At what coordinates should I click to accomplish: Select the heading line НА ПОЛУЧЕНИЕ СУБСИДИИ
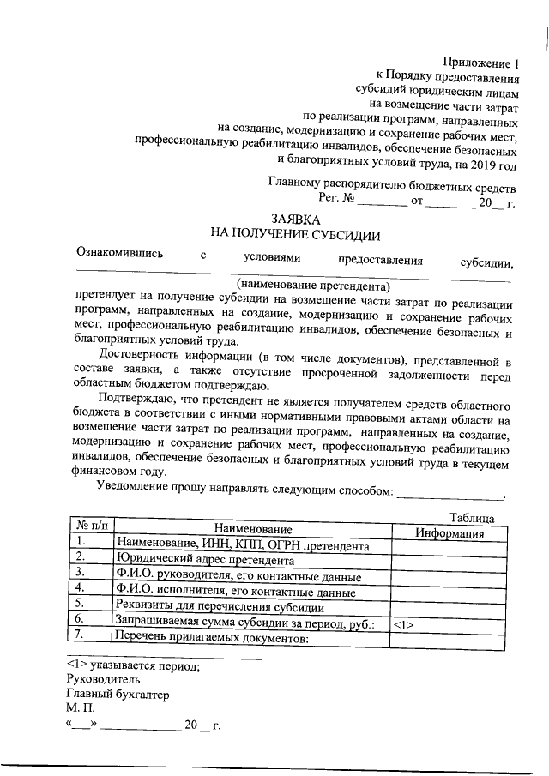click(x=294, y=235)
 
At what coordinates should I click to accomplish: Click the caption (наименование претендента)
click(x=313, y=284)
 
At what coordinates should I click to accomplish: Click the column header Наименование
click(x=253, y=532)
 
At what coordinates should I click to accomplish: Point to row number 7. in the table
click(x=81, y=635)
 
